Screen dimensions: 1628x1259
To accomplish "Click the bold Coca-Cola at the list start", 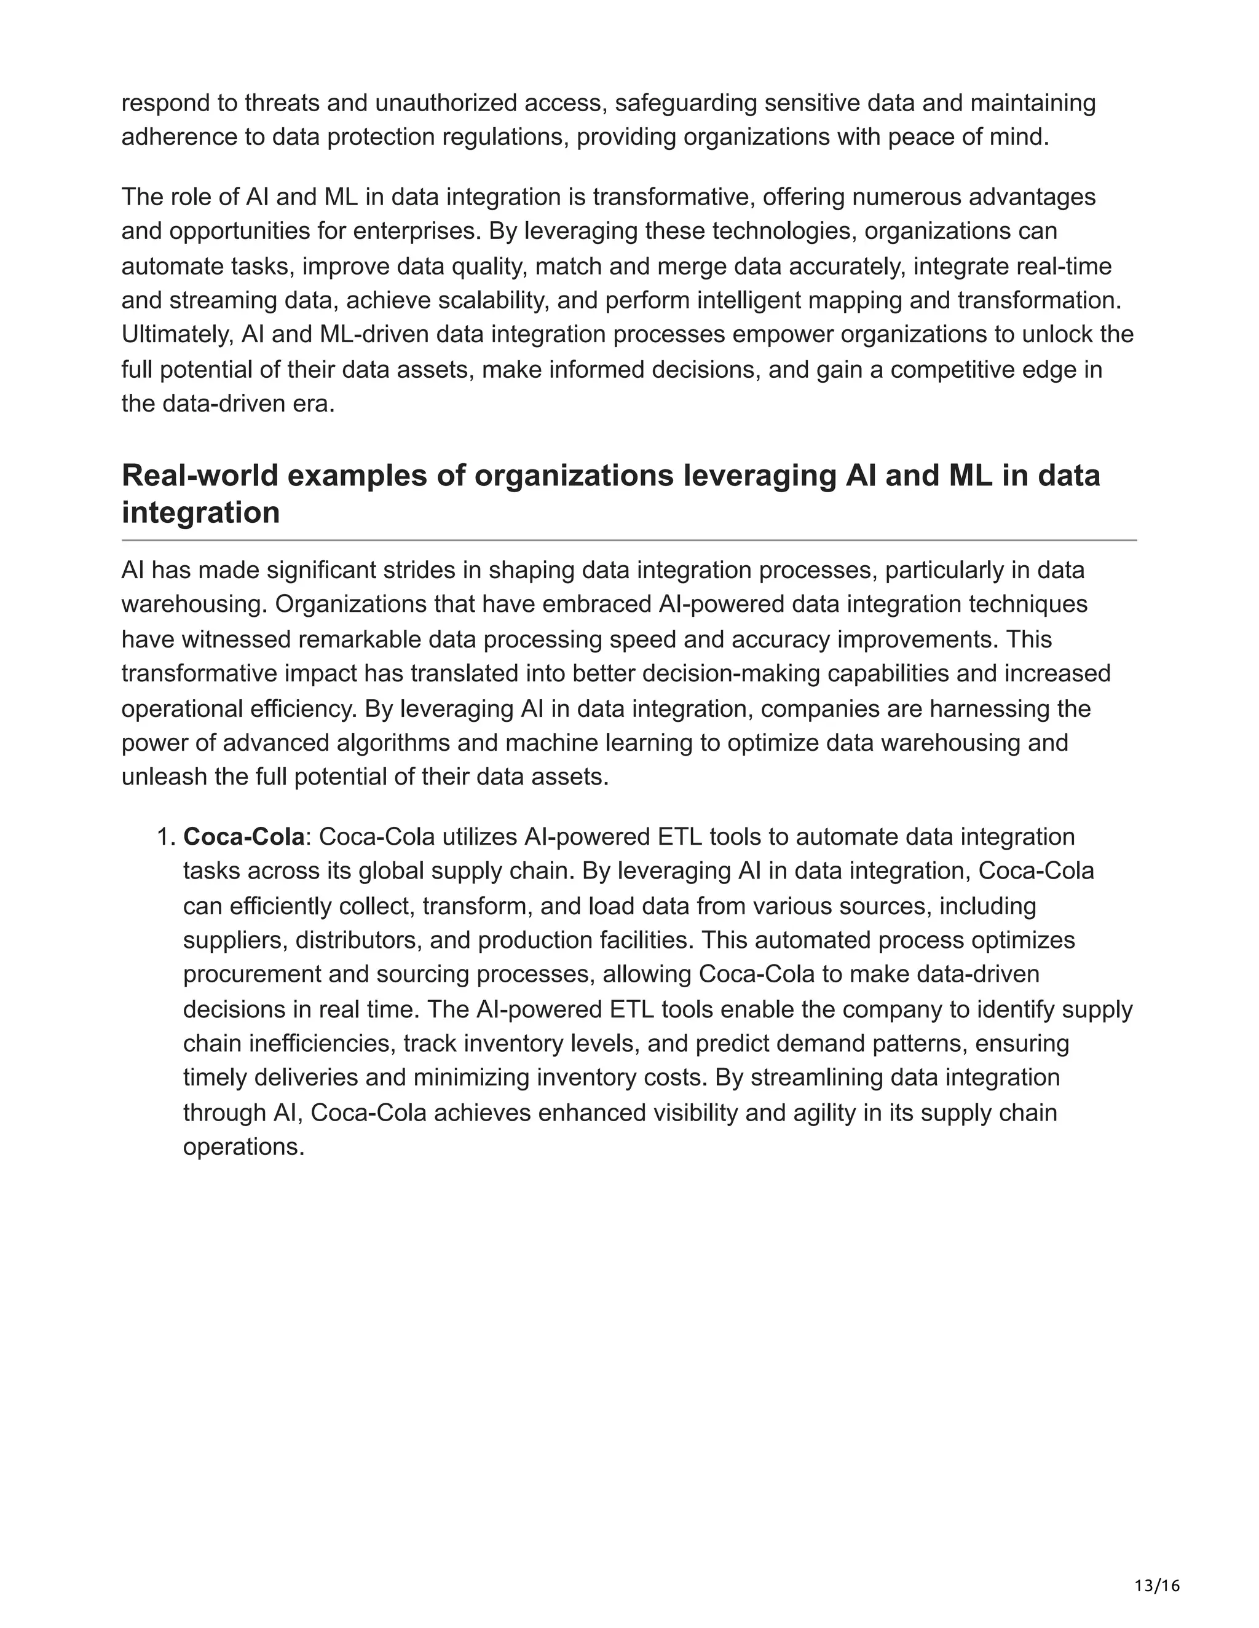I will point(244,837).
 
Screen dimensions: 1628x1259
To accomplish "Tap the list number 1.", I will point(165,837).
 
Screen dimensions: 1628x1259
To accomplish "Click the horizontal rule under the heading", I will point(629,539).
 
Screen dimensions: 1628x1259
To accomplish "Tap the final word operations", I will point(243,1146).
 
